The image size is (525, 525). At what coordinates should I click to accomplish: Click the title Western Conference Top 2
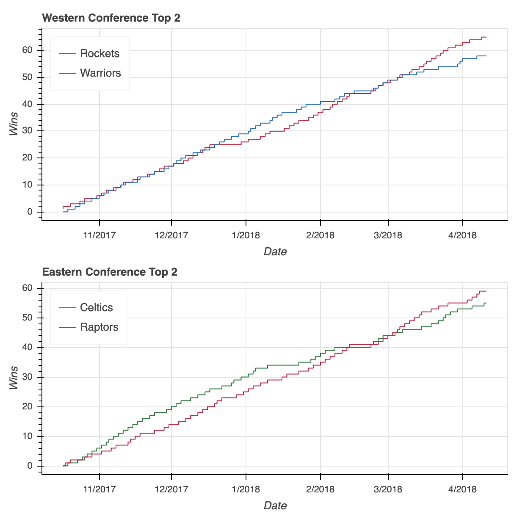(111, 18)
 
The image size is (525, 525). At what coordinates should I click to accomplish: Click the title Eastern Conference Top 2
(110, 272)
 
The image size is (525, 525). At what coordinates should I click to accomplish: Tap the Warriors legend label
(100, 73)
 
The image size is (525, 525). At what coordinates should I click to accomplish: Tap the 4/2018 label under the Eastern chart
(462, 489)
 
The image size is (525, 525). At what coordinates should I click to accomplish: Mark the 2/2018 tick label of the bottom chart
(320, 489)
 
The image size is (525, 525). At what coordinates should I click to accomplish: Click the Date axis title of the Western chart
(275, 252)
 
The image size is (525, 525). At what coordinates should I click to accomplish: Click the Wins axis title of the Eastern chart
(14, 378)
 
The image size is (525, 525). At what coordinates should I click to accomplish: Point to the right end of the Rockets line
(486, 37)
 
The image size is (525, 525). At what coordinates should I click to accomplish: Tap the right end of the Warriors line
(486, 56)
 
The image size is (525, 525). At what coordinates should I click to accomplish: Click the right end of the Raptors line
(486, 291)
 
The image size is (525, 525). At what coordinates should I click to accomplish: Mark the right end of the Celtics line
(486, 303)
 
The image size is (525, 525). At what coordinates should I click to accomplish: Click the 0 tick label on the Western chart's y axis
(30, 212)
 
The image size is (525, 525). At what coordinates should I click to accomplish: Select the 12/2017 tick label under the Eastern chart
(171, 489)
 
